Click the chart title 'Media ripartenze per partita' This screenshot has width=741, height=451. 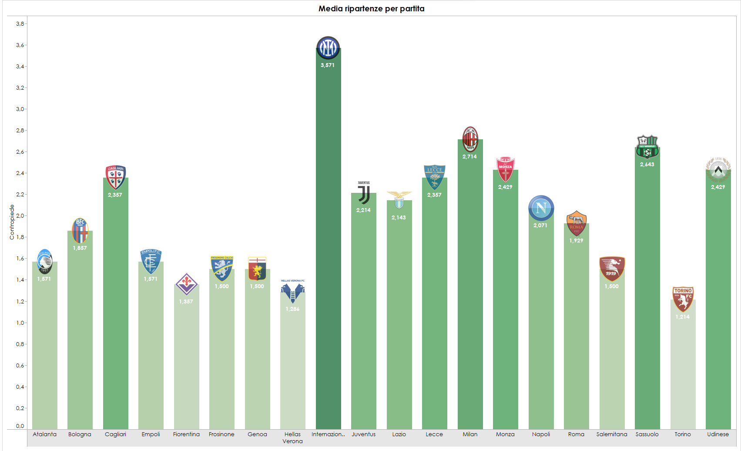(371, 9)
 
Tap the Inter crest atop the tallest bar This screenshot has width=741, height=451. (328, 47)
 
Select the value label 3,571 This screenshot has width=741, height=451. (328, 65)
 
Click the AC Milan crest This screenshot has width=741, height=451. (470, 139)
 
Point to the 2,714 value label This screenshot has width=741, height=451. (469, 157)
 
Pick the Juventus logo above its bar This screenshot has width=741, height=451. (364, 193)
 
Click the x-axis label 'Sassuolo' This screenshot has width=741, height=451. (647, 434)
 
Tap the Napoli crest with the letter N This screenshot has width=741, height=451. (541, 208)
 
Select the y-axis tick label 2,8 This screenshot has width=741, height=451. (20, 130)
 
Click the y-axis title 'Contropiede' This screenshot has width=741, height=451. (12, 222)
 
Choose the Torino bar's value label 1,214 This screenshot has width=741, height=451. (682, 317)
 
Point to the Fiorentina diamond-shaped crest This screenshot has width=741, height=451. (186, 284)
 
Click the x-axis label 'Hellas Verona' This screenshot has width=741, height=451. (292, 438)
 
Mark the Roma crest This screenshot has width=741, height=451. (576, 223)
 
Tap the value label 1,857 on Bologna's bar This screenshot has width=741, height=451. (80, 248)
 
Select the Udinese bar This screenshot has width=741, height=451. (718, 305)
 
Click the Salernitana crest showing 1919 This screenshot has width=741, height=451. (612, 269)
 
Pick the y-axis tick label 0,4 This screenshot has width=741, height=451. (20, 387)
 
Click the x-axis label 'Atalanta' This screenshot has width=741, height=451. (44, 434)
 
